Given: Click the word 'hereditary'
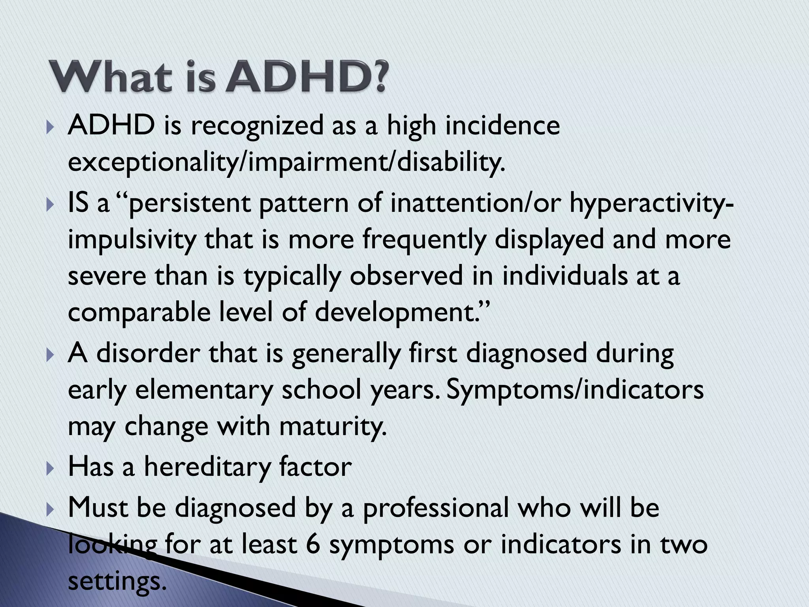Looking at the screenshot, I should coord(207,467).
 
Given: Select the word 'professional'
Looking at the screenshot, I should coord(435,508).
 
